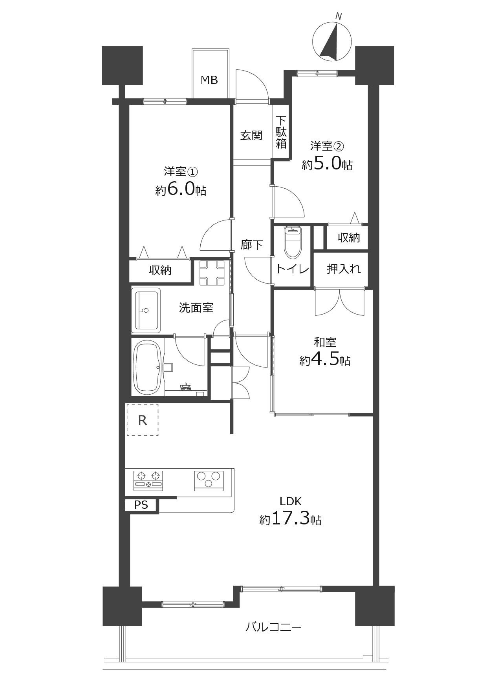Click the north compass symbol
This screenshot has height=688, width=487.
tap(332, 41)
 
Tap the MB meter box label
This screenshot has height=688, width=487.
tap(209, 80)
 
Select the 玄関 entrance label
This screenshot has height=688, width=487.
tap(251, 135)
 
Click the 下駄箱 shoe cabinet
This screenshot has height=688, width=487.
tap(281, 132)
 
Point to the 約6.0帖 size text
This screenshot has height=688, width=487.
tap(181, 190)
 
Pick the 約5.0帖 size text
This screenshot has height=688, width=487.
tap(327, 164)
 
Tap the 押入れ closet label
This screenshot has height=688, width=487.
tap(344, 269)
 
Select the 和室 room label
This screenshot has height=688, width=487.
tap(325, 342)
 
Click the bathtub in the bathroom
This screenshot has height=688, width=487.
tap(148, 367)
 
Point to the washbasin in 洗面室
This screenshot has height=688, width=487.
tap(148, 310)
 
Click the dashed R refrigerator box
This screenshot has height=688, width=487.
tap(142, 420)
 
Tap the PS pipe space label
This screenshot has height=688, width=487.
tap(141, 505)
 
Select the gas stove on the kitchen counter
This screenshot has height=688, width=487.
tap(148, 481)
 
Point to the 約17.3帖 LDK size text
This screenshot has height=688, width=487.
tap(290, 519)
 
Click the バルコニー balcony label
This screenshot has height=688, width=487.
tap(273, 627)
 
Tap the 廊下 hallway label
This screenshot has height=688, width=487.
tap(252, 245)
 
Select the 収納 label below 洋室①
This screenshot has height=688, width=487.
tap(160, 270)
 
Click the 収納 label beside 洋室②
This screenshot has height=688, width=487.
tap(349, 237)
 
